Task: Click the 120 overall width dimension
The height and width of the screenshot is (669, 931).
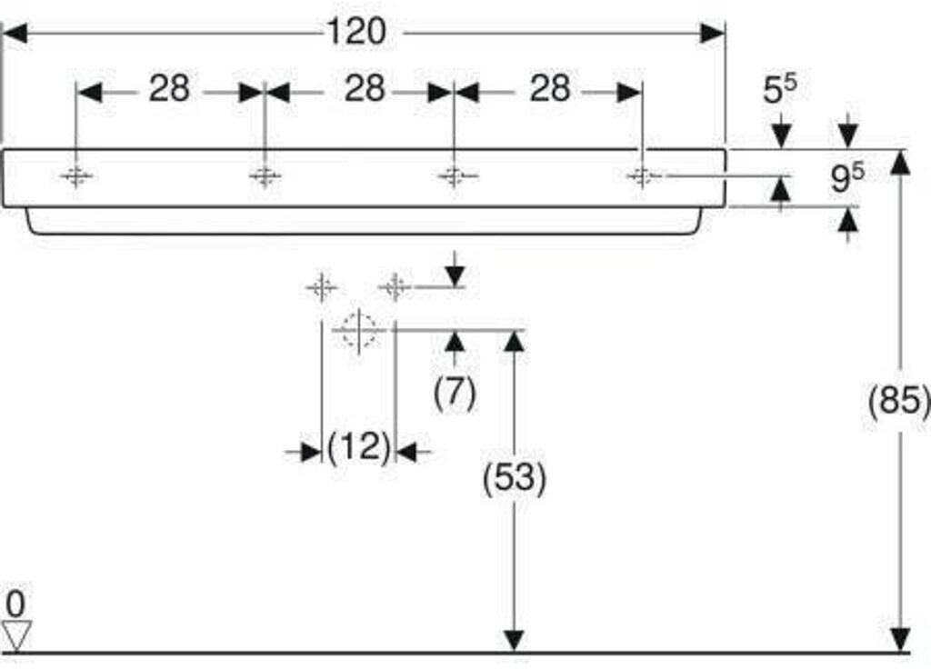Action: pyautogui.click(x=356, y=32)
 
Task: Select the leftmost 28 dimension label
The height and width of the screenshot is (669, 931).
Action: pyautogui.click(x=169, y=88)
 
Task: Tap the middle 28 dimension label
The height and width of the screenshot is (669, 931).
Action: pyautogui.click(x=365, y=88)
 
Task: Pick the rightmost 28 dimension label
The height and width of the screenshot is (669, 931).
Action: pyautogui.click(x=550, y=88)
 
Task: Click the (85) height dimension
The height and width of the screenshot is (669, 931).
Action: pyautogui.click(x=899, y=400)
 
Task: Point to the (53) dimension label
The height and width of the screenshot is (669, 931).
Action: pyautogui.click(x=515, y=478)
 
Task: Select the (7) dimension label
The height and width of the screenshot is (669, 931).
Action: pyautogui.click(x=455, y=393)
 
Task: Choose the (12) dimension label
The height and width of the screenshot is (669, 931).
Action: pyautogui.click(x=358, y=446)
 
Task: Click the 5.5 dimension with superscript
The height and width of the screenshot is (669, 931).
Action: pyautogui.click(x=779, y=88)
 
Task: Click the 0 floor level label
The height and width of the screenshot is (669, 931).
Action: pyautogui.click(x=15, y=604)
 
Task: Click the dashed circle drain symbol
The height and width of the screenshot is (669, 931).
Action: pyautogui.click(x=359, y=331)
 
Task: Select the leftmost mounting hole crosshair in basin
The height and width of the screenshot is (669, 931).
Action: pyautogui.click(x=76, y=175)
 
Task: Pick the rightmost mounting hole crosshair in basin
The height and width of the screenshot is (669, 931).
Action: pyautogui.click(x=641, y=175)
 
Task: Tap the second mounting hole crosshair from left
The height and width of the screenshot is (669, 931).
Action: pyautogui.click(x=265, y=175)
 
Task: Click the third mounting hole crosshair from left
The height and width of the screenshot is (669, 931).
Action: pyautogui.click(x=454, y=175)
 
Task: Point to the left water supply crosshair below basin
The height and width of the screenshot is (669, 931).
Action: pyautogui.click(x=322, y=288)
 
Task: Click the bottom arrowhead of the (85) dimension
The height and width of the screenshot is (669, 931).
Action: pyautogui.click(x=901, y=641)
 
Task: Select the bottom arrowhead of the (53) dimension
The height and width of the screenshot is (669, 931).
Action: pyautogui.click(x=514, y=641)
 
